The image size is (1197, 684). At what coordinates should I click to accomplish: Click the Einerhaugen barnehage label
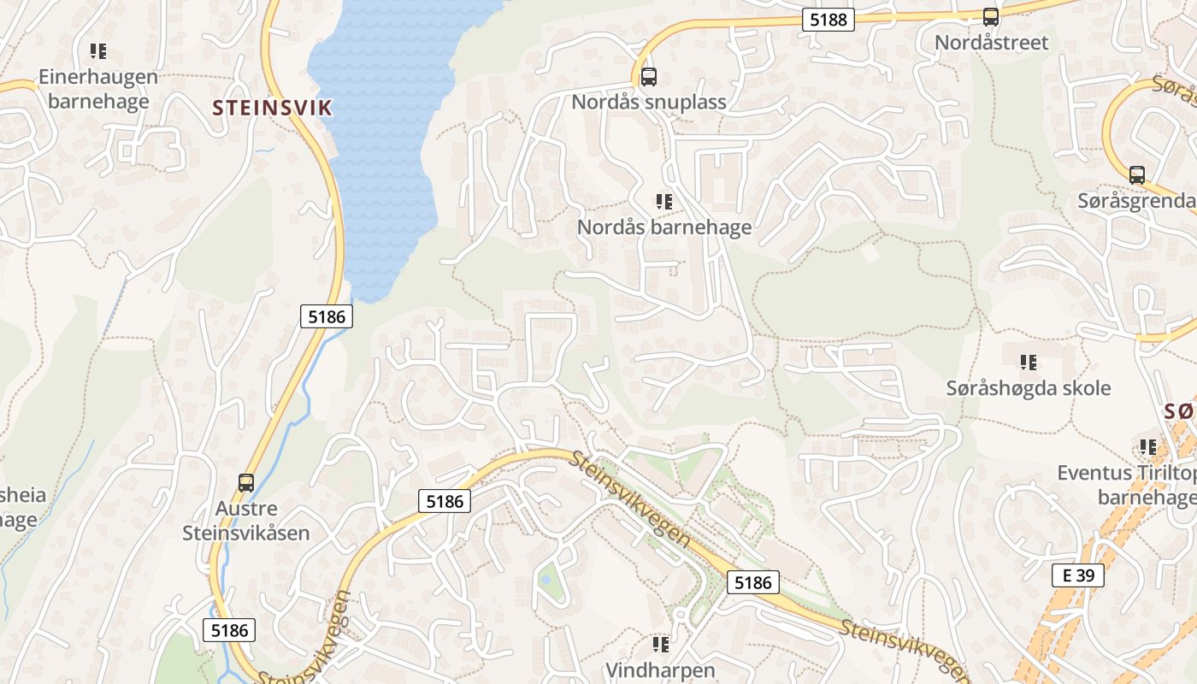pos(98,89)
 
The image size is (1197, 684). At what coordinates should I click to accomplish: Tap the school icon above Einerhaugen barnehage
pos(98,51)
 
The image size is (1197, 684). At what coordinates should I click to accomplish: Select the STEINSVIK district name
pos(272,108)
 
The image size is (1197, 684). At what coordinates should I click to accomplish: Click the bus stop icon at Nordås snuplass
pos(649,77)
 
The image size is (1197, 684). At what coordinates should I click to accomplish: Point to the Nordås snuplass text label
pos(649,102)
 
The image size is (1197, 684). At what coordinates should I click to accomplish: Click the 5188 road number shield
pos(828,19)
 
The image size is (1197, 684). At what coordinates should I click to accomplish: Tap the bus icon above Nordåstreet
pos(991,17)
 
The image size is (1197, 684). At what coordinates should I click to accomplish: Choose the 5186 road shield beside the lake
pos(327,316)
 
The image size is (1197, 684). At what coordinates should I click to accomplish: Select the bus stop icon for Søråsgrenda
pos(1137,175)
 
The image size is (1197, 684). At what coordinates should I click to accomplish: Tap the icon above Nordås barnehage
pos(664,202)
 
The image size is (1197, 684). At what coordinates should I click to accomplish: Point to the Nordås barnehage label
pos(664,227)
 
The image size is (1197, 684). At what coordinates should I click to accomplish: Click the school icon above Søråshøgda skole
pos(1029,363)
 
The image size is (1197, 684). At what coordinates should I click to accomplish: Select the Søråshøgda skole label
pos(1029,388)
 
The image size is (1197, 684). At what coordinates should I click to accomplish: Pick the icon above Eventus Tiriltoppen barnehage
pos(1147,447)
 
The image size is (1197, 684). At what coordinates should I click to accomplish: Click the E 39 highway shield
pos(1078,575)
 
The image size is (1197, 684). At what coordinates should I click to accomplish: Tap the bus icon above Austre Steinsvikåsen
pos(246,482)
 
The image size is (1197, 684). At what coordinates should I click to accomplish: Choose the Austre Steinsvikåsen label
pos(246,521)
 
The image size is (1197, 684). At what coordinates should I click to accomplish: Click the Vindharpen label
pos(660,669)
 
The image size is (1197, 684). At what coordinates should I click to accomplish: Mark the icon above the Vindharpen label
pos(660,644)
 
